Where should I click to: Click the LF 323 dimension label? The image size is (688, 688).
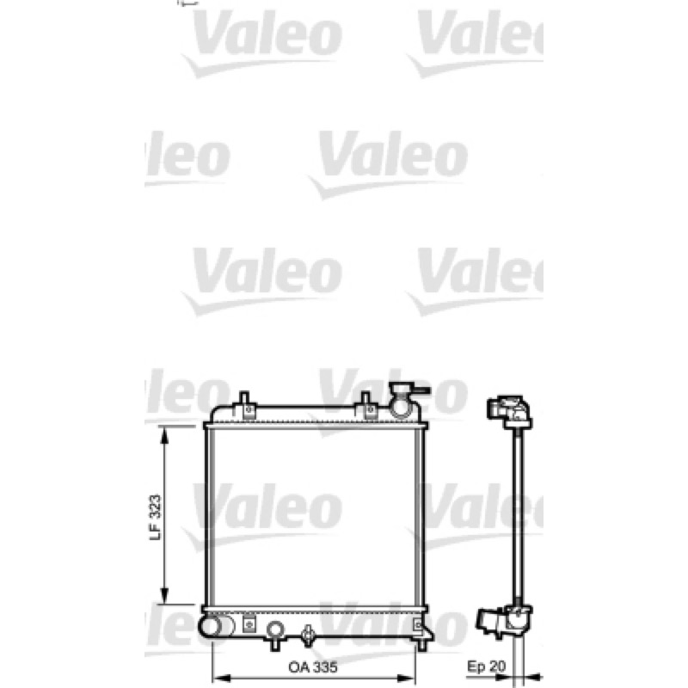(x=156, y=518)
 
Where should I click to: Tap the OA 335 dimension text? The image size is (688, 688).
(x=313, y=667)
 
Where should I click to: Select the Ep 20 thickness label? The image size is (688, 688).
(x=486, y=666)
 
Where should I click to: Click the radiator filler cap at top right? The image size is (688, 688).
(x=403, y=398)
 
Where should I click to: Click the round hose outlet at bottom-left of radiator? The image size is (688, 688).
(x=212, y=626)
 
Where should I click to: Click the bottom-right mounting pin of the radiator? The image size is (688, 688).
(x=421, y=644)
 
